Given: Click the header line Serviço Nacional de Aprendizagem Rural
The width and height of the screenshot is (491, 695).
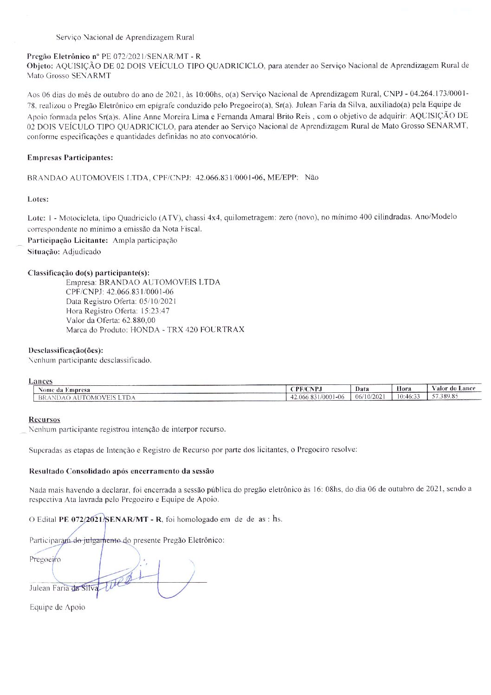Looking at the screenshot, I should pos(125,37).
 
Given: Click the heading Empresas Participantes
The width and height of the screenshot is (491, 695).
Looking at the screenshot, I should pos(70,158).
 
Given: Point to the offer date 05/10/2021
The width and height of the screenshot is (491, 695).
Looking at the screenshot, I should pos(158,301).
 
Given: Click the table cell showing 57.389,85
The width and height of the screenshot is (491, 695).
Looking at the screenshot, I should pos(445,396).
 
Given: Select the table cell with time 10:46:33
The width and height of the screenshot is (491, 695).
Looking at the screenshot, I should pos(408,396).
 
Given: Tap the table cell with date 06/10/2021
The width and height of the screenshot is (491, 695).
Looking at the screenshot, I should pos(370,396).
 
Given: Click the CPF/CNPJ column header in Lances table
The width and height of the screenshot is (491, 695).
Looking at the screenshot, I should pos(306,389).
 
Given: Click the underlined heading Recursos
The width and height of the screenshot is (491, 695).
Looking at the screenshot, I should pos(45,420).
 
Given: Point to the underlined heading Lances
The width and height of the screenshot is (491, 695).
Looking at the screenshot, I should pos(40,381).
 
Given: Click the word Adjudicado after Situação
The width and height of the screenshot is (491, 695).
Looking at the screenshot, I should pos(82,252).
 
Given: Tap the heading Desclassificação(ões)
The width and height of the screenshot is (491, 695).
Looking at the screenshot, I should pos(66,351).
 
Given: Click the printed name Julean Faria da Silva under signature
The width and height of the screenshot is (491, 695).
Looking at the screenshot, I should pos(64,588).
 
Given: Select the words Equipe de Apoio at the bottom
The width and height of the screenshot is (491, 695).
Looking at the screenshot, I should pos(58,607).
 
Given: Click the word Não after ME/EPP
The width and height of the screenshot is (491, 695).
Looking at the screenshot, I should pos(312,177).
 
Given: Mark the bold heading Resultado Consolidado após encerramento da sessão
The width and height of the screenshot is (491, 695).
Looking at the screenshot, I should pos(122,471).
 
